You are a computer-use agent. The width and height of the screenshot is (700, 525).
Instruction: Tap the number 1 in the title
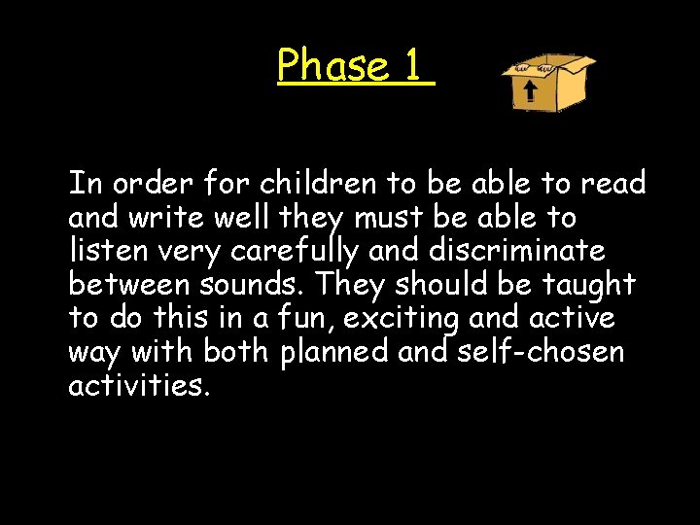click(412, 66)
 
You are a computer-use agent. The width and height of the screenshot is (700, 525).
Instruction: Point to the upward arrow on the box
click(531, 93)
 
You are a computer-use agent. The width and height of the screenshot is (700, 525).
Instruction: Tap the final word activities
click(138, 386)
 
